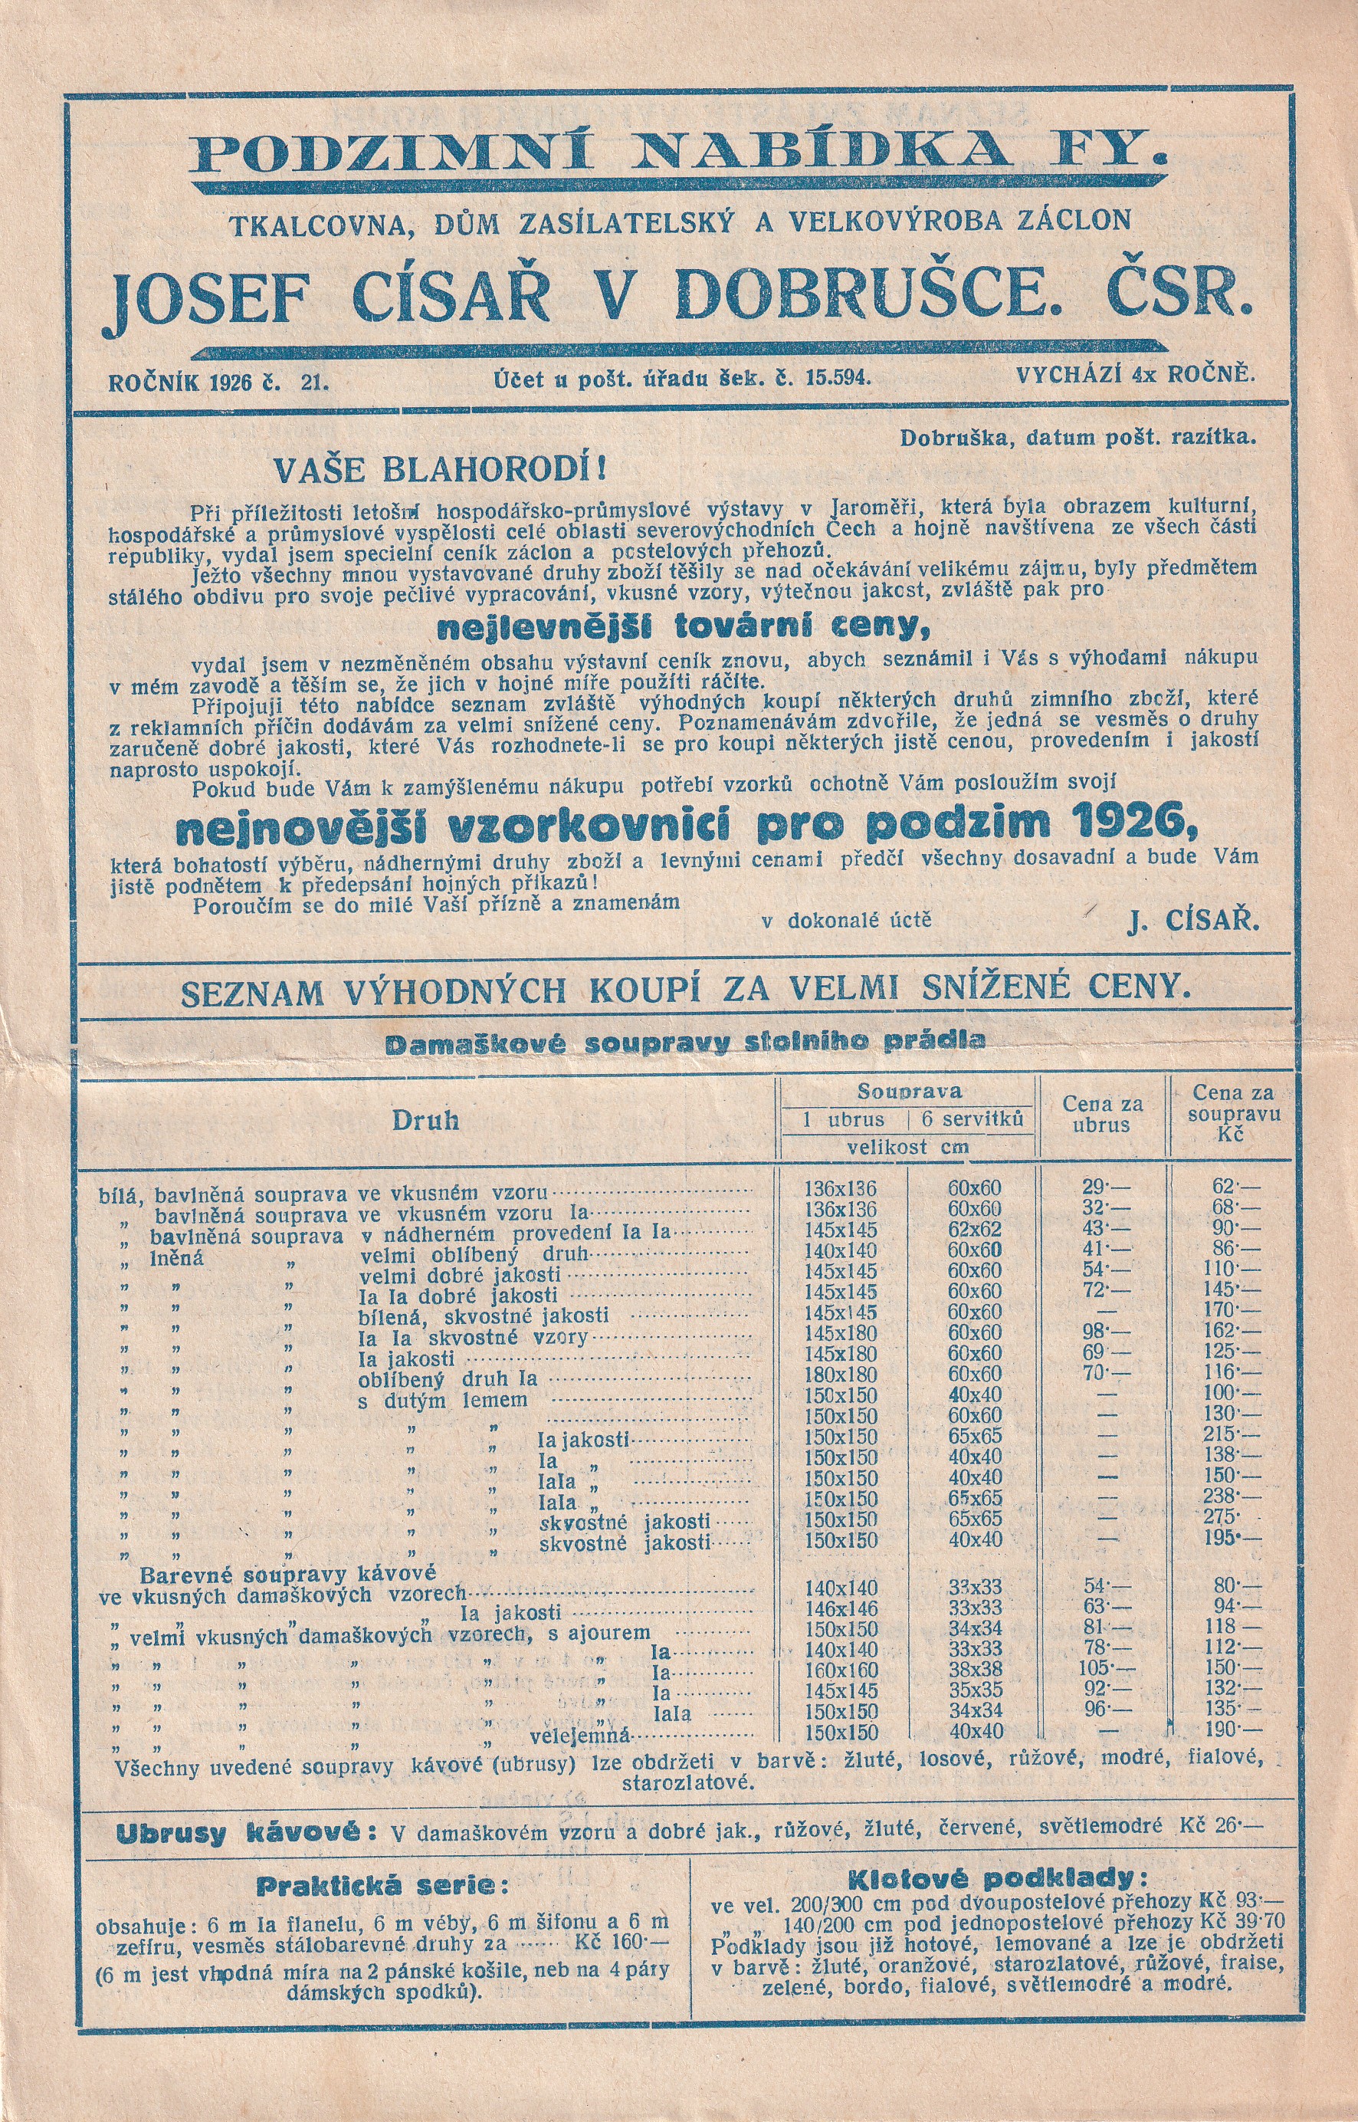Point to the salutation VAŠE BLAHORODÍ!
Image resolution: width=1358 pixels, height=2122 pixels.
coord(440,468)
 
